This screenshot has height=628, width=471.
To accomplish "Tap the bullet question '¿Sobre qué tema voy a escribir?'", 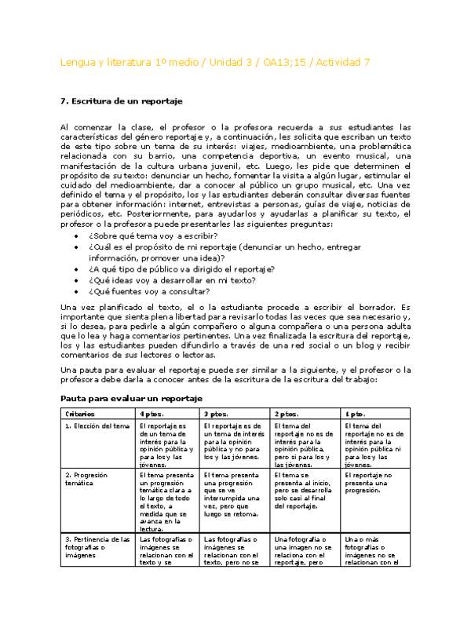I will pyautogui.click(x=153, y=236).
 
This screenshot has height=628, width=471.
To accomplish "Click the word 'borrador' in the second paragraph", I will pyautogui.click(x=382, y=306).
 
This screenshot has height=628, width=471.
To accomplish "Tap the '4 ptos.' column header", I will pyautogui.click(x=152, y=414).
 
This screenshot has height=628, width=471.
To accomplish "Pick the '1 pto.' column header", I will pyautogui.click(x=355, y=414).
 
